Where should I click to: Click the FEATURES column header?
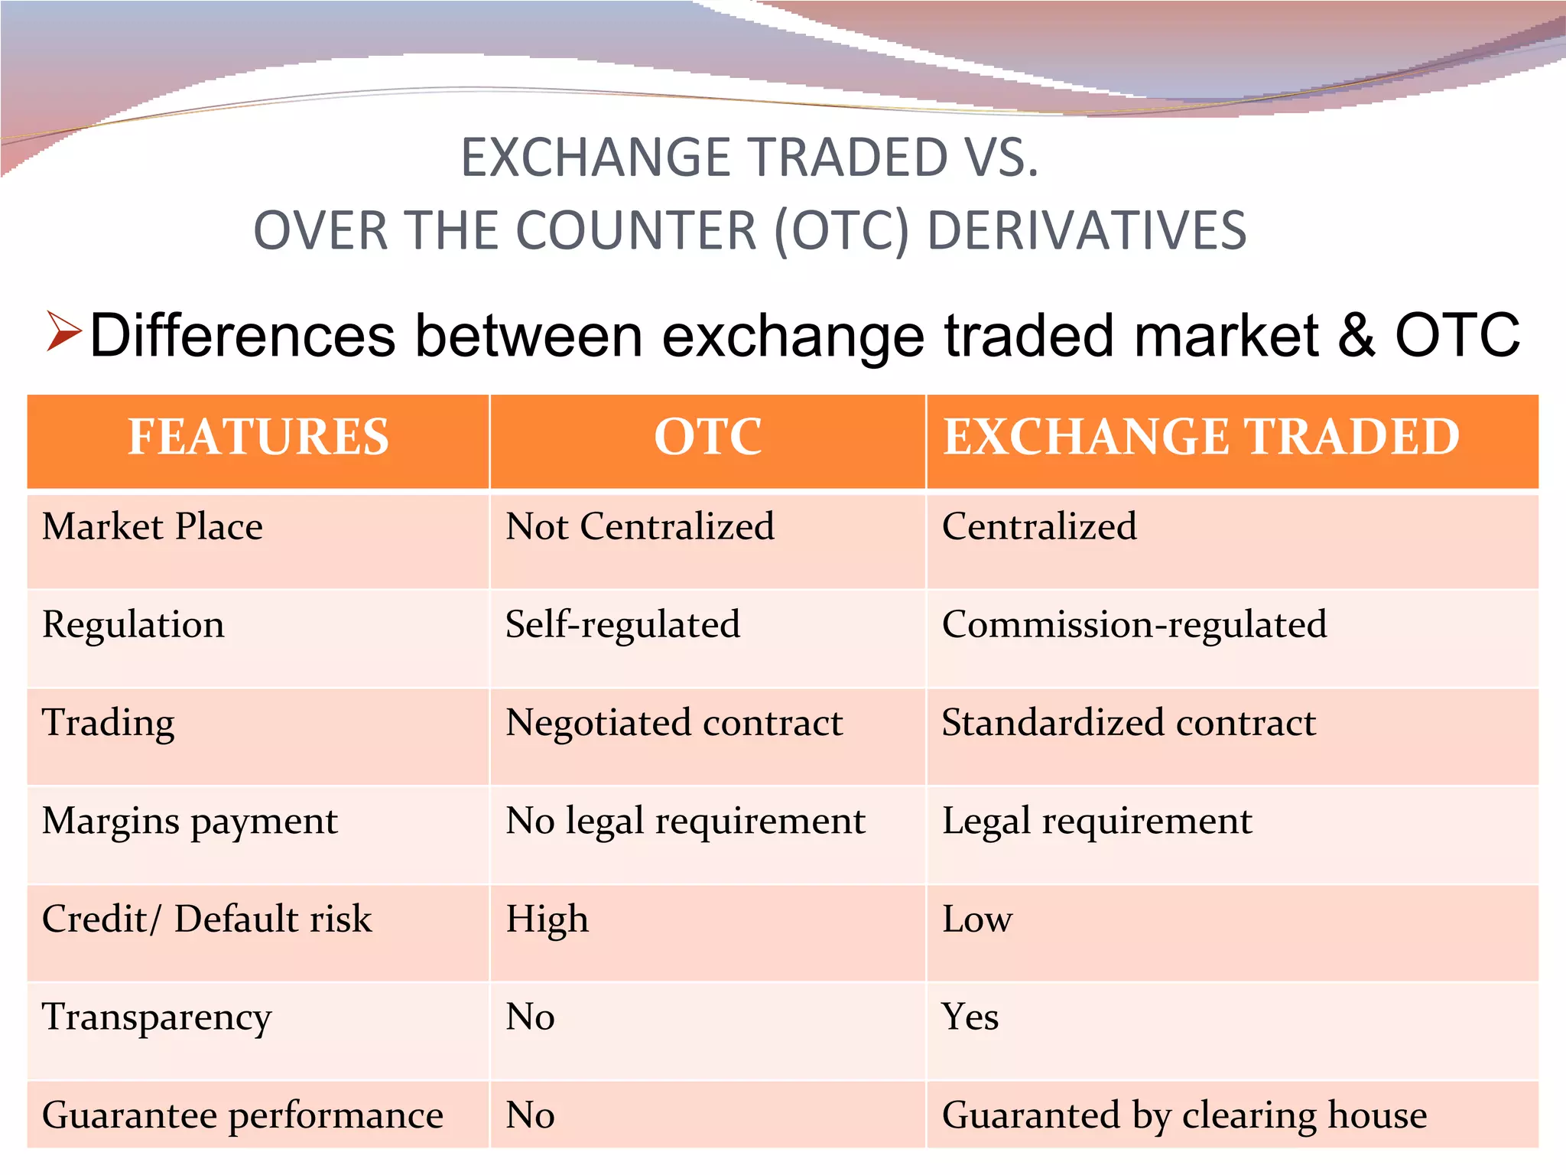click(258, 437)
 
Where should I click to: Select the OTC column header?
click(707, 437)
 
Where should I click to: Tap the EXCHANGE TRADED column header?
click(1201, 437)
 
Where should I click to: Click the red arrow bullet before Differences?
click(63, 332)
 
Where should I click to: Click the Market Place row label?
click(152, 527)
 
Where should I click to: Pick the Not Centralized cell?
click(640, 527)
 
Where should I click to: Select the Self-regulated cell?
click(622, 625)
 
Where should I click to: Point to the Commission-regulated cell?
click(1134, 625)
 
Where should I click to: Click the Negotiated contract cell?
click(674, 723)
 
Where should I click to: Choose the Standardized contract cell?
click(1129, 723)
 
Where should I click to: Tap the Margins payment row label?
click(190, 822)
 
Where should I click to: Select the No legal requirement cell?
click(685, 822)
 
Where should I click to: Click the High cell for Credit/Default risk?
click(547, 919)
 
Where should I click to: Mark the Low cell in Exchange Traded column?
click(977, 919)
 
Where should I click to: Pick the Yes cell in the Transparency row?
click(970, 1017)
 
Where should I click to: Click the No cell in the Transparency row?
click(530, 1017)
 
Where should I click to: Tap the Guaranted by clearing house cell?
click(1184, 1115)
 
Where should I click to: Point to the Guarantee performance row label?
click(242, 1115)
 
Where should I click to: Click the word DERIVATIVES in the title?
click(1087, 230)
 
